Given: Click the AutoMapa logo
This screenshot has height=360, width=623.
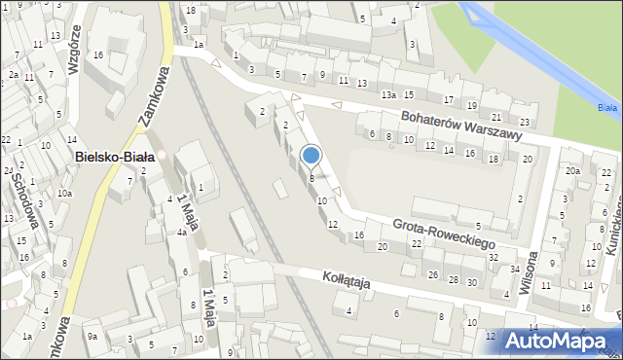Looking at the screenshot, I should (x=559, y=341).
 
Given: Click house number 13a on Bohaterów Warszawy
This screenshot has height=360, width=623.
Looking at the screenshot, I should (x=388, y=94).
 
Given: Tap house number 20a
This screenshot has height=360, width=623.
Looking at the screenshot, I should (x=572, y=171).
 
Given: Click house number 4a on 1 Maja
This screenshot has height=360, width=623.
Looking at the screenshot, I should (x=181, y=233).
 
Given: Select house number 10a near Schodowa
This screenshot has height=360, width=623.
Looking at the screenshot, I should (x=64, y=193).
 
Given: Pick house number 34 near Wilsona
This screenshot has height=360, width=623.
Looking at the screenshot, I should (x=515, y=269).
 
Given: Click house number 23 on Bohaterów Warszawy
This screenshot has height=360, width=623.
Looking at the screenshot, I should (x=525, y=122).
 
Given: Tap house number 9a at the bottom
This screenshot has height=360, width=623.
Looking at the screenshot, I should (x=92, y=336).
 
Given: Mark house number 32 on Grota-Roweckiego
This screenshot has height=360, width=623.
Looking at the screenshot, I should (x=494, y=257).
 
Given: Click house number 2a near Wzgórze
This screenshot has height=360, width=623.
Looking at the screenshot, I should (x=14, y=74).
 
